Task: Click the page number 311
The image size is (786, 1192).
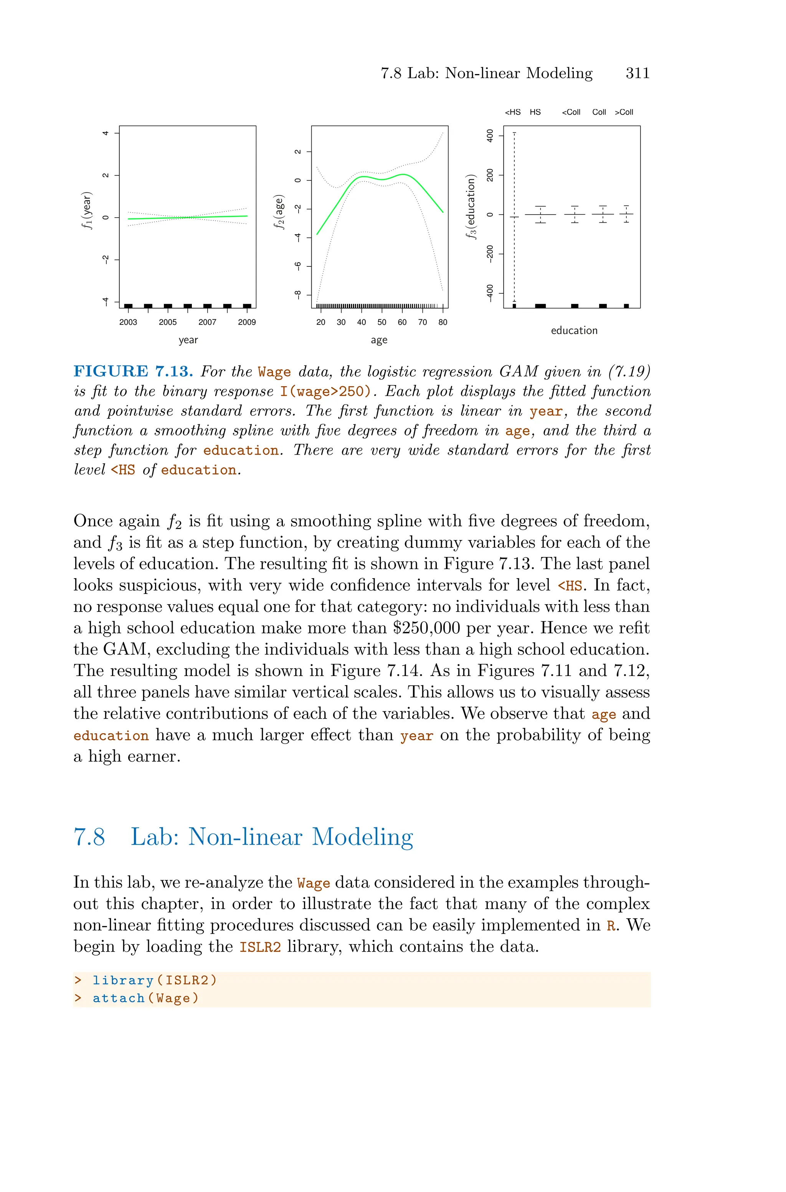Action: pos(637,73)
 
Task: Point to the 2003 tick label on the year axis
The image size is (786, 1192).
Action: pos(128,322)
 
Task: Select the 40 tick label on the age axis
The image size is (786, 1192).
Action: pos(362,322)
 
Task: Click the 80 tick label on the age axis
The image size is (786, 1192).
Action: pos(443,322)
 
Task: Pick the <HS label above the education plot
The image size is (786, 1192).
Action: pos(512,112)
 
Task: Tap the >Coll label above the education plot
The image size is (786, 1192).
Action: pos(624,112)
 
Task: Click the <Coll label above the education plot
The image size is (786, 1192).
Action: pos(571,112)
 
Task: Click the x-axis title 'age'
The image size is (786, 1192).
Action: pos(379,341)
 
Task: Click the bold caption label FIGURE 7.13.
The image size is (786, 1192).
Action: pos(133,372)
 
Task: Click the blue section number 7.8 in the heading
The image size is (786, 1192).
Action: pos(89,838)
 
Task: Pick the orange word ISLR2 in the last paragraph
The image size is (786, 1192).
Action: pos(260,947)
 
